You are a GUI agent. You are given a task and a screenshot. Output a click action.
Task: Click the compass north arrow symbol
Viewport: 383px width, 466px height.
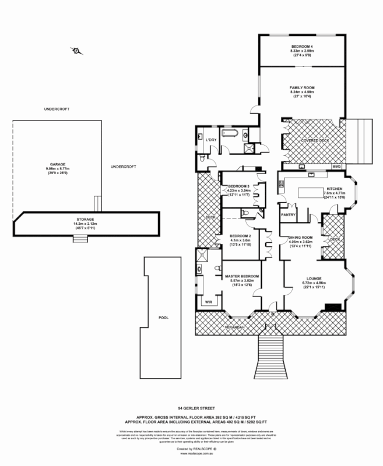(76, 51)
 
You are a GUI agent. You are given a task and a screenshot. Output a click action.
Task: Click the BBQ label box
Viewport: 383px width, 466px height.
(336, 167)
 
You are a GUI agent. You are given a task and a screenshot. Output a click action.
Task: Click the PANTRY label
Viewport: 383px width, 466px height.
(289, 214)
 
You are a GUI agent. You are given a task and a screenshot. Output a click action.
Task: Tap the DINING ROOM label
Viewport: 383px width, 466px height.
(302, 237)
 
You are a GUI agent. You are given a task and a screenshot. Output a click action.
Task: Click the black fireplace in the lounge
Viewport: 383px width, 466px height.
(333, 307)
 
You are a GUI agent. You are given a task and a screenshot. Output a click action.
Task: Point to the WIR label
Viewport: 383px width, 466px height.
(208, 302)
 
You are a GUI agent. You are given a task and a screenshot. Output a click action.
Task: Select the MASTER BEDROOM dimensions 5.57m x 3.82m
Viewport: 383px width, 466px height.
(241, 280)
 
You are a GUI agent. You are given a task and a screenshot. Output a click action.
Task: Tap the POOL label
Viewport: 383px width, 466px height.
(163, 319)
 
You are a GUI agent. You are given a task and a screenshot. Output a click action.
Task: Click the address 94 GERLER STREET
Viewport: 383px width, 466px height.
(192, 409)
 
